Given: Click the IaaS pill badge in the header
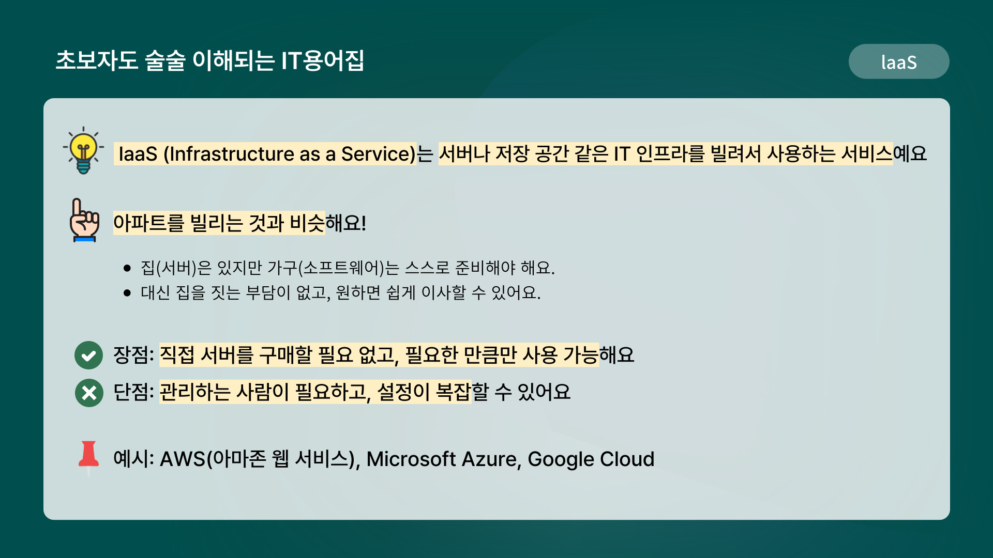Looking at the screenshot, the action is [899, 61].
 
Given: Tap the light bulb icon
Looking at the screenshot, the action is [83, 150].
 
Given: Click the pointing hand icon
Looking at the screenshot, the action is [84, 220].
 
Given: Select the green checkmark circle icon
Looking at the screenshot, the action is [89, 355].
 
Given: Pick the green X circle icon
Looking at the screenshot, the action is [89, 393].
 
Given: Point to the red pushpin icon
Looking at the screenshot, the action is [88, 458].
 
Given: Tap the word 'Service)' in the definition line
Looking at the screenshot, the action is [379, 154].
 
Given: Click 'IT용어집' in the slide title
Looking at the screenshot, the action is [323, 60].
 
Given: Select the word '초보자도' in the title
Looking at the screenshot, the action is [97, 60].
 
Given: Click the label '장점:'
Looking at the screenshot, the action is [133, 355].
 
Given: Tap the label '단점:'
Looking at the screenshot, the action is [133, 392].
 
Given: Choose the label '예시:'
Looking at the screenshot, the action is [133, 459].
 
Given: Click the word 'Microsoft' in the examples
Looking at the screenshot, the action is [411, 459].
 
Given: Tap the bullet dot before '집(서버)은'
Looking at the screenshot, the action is [127, 268].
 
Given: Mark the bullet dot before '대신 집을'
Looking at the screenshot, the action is [127, 293].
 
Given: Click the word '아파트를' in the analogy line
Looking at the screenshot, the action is [148, 223].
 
